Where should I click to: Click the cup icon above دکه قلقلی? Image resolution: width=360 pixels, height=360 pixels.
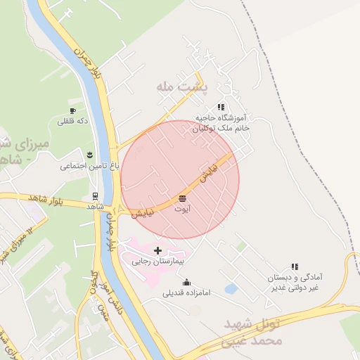pos(72,110)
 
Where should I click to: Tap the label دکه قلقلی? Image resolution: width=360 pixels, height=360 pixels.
pos(72,122)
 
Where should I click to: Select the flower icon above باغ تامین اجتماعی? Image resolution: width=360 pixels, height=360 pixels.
pos(89,154)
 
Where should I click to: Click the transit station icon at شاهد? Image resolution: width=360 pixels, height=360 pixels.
pos(95,196)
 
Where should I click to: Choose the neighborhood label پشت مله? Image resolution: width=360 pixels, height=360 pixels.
pos(174,86)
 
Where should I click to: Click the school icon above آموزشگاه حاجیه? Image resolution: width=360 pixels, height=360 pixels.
pos(221,107)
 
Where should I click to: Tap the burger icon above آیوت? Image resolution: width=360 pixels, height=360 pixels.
pos(183,197)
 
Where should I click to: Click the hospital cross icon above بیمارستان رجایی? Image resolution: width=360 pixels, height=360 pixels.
pos(157,250)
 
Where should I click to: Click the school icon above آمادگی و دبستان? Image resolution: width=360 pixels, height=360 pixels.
pos(295,267)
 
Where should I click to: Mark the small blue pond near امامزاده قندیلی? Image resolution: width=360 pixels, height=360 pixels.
pos(231,288)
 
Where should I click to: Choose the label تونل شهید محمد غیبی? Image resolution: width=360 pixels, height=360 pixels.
pos(253,333)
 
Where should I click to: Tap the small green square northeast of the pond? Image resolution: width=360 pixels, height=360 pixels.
pos(241,247)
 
